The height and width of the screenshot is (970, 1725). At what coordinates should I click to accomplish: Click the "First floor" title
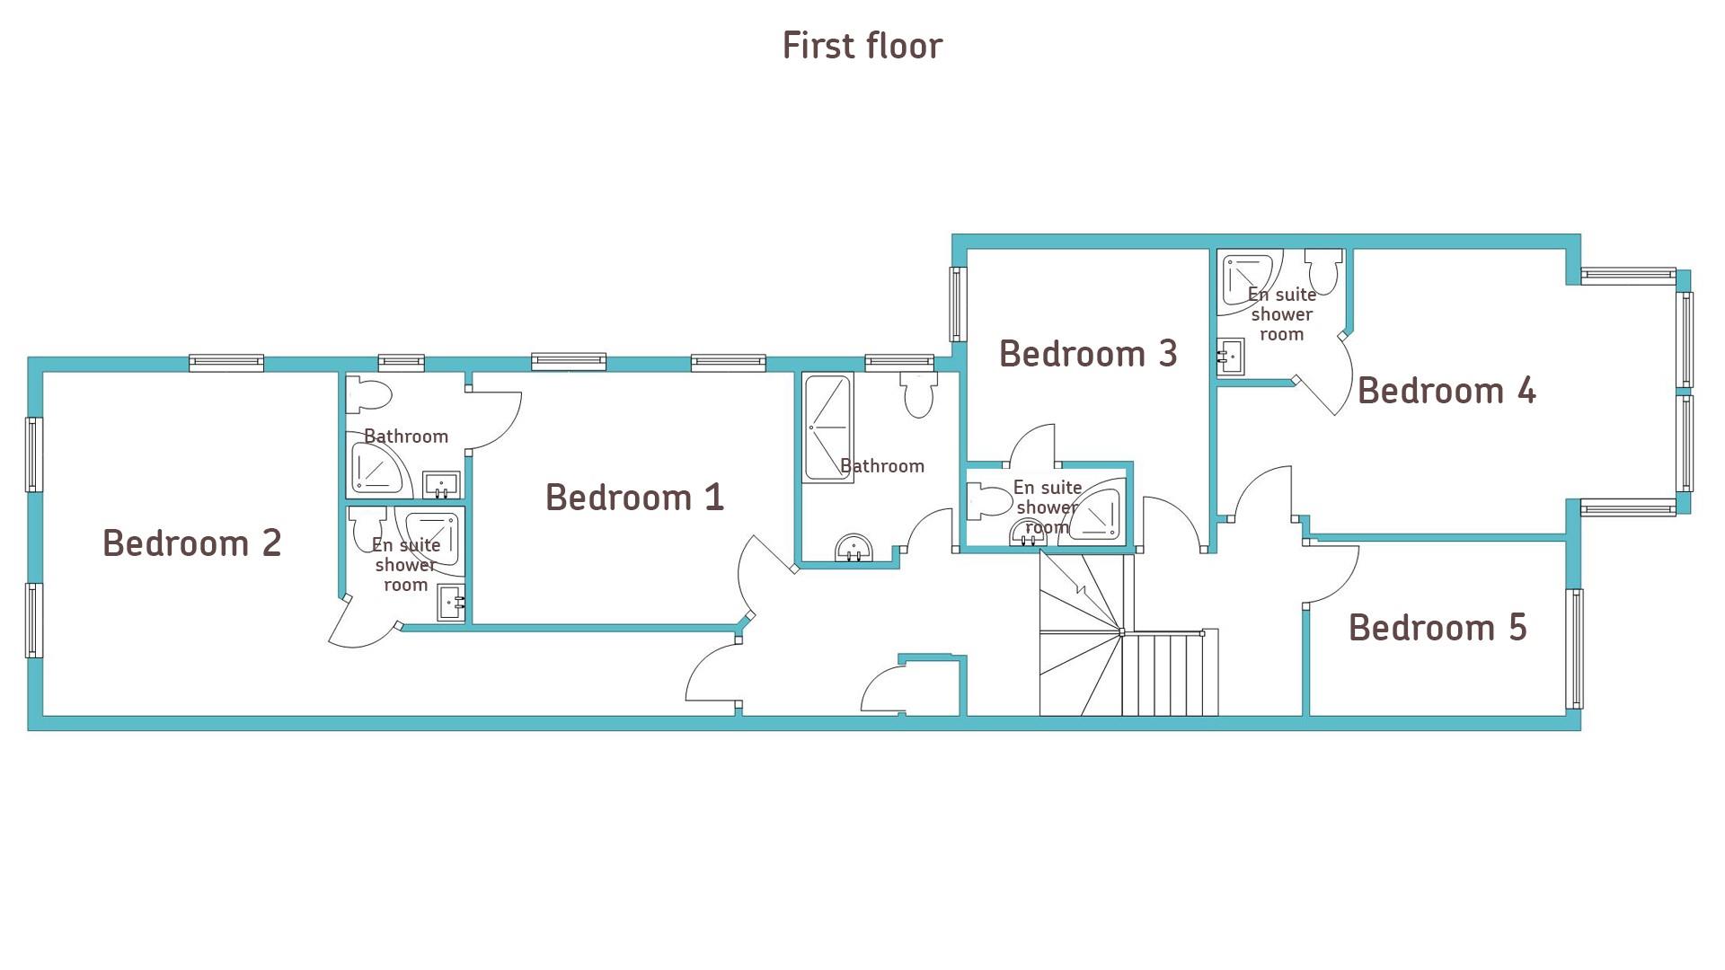tap(862, 46)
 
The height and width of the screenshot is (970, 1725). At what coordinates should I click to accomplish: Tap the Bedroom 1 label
tap(634, 498)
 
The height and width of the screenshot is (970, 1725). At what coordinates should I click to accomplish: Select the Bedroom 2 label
tap(192, 542)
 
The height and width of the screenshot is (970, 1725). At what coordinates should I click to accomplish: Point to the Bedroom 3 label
tap(1088, 354)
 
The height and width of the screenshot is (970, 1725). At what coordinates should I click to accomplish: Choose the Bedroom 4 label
tap(1446, 391)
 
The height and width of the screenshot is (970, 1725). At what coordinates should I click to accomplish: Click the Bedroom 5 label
tap(1437, 628)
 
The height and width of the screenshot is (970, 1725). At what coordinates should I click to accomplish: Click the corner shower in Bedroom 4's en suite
tap(1248, 283)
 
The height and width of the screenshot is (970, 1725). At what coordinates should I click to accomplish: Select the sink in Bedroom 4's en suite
tap(1232, 357)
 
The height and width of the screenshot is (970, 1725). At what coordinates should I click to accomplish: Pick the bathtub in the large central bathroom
tap(828, 428)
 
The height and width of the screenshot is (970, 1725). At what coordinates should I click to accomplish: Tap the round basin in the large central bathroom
tap(854, 547)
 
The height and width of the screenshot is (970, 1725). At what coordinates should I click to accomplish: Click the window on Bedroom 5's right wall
tap(1574, 648)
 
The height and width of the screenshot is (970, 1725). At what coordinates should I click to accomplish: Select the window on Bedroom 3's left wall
tap(958, 304)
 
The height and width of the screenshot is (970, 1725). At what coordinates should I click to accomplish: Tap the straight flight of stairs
tap(1170, 673)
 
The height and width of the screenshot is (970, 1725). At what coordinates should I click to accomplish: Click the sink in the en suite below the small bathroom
tap(451, 602)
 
